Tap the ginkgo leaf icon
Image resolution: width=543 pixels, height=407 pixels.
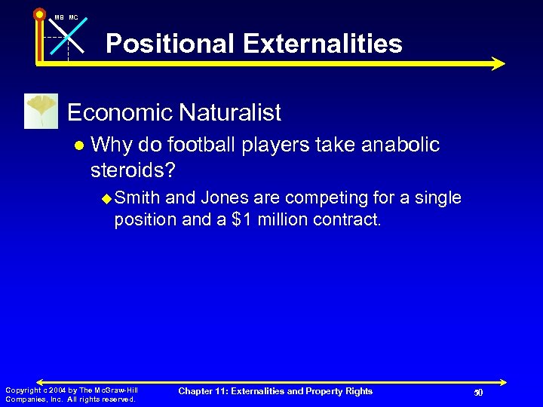click(41, 112)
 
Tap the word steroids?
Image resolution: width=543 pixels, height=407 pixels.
click(133, 170)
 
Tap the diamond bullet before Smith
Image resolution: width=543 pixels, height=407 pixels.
click(106, 199)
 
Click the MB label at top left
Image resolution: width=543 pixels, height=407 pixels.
click(59, 17)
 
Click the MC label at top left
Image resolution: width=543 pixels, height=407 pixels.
click(73, 17)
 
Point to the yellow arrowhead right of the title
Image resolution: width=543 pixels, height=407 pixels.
click(497, 64)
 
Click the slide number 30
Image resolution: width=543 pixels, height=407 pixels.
click(477, 393)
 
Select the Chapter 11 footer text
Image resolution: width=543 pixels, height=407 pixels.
click(275, 390)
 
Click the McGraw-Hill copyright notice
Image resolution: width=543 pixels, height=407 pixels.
click(71, 394)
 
